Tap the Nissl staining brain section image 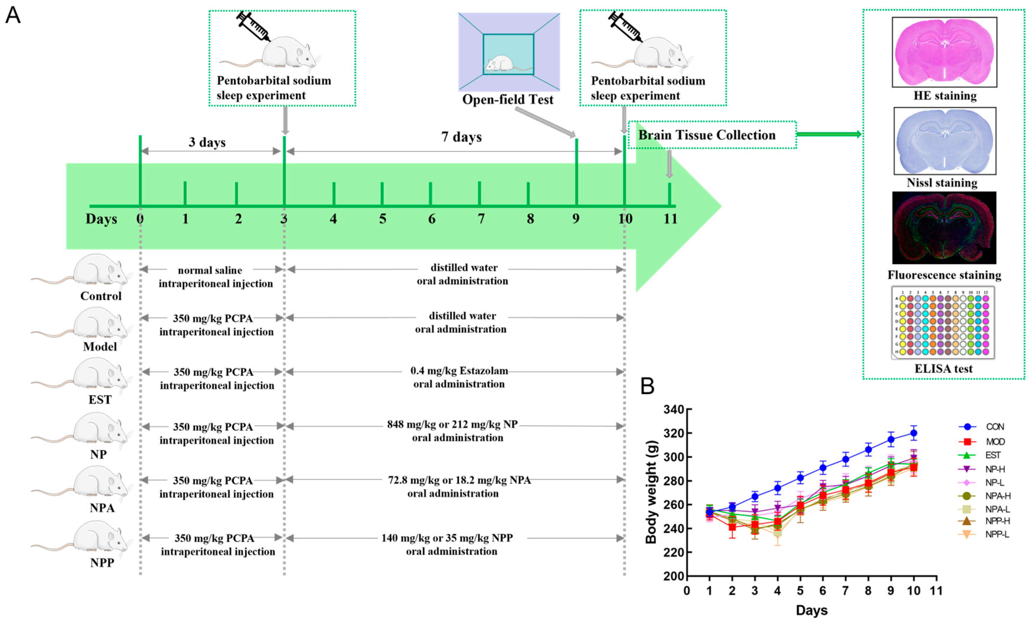pyautogui.click(x=945, y=141)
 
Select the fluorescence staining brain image pyautogui.click(x=944, y=228)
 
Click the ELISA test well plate pyautogui.click(x=943, y=323)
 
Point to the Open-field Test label pyautogui.click(x=508, y=100)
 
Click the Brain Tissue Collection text pyautogui.click(x=706, y=135)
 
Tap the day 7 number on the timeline pyautogui.click(x=481, y=219)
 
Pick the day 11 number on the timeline pyautogui.click(x=670, y=219)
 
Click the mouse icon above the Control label pyautogui.click(x=100, y=271)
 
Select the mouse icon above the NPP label pyautogui.click(x=100, y=537)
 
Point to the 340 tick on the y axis pyautogui.click(x=674, y=410)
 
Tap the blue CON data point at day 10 pyautogui.click(x=913, y=433)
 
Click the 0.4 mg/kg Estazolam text pyautogui.click(x=459, y=371)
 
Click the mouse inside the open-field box pyautogui.click(x=500, y=63)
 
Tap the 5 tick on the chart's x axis pyautogui.click(x=800, y=591)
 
